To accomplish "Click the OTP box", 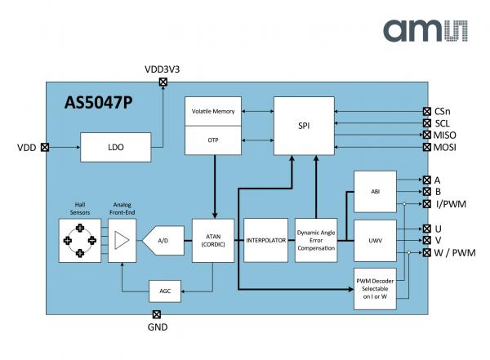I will pyautogui.click(x=214, y=140).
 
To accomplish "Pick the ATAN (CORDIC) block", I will pyautogui.click(x=213, y=240).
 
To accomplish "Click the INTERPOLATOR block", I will pyautogui.click(x=265, y=241).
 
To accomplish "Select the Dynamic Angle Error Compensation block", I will pyautogui.click(x=315, y=241).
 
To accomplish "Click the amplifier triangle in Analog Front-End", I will pyautogui.click(x=121, y=241).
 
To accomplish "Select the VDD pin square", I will pyautogui.click(x=44, y=148).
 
